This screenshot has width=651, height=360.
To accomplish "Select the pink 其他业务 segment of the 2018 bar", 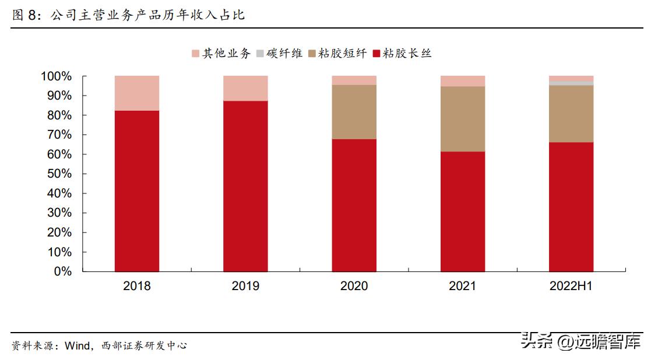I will click(137, 93).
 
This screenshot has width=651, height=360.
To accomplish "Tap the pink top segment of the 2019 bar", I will click(245, 88).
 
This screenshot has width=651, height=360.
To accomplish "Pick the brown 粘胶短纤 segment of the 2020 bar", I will click(354, 112).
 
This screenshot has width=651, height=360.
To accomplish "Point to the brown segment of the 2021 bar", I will click(463, 119).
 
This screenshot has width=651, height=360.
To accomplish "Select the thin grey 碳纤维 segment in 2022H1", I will click(571, 83).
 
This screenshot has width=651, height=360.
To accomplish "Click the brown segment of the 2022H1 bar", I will click(571, 114).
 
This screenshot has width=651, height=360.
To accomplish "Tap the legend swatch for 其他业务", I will click(195, 54).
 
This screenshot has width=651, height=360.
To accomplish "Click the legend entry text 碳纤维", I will click(284, 54).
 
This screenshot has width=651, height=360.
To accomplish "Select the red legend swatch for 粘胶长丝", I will click(376, 54).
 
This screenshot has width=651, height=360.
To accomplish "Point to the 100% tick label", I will click(56, 76).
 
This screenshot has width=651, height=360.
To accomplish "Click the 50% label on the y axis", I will click(59, 174).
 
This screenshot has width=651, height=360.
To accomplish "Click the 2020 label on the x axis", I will click(354, 286).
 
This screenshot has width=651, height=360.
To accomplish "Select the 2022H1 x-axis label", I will click(571, 286).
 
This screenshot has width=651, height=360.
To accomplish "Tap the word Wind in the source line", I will click(77, 346).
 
